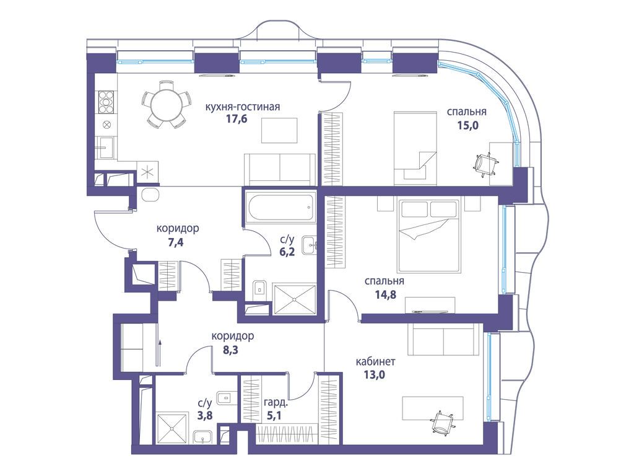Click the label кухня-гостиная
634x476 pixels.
[x=243, y=107]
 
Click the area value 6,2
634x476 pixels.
[x=287, y=252]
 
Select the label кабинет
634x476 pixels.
[x=376, y=361]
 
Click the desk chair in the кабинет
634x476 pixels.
[x=442, y=421]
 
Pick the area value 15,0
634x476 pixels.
[x=468, y=125]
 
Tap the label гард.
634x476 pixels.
[x=276, y=402]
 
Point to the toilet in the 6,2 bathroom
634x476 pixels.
[x=259, y=288]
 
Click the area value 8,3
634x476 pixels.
[x=231, y=350]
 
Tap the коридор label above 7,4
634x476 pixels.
[x=178, y=229]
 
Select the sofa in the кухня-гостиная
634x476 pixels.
[x=280, y=170]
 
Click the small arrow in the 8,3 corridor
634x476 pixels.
[x=160, y=353]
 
